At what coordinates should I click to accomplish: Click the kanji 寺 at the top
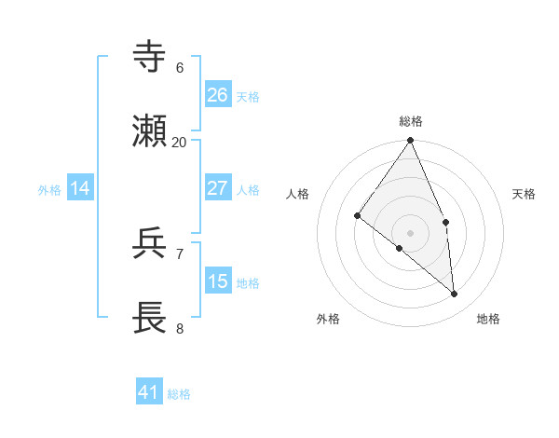[150, 57]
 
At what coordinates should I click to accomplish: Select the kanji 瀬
[150, 132]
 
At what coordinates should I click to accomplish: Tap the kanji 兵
[150, 244]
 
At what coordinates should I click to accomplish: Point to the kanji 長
[150, 318]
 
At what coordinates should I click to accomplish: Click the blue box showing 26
[218, 94]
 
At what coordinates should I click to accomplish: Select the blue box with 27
[218, 188]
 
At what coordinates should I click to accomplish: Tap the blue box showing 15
[218, 281]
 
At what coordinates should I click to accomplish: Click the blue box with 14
[80, 188]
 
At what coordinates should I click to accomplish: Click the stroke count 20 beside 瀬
[179, 143]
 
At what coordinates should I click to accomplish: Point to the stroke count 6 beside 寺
[179, 68]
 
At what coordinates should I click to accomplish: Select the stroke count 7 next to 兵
[179, 253]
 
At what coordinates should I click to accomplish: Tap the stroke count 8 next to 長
[179, 328]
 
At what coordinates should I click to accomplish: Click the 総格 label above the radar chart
[411, 121]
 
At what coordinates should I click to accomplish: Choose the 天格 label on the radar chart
[525, 194]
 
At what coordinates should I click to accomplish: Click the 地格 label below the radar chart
[488, 319]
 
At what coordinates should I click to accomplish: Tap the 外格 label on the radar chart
[328, 319]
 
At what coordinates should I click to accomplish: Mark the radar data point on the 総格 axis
[411, 141]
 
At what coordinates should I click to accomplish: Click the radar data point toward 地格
[455, 294]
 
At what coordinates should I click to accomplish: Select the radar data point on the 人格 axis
[358, 215]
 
